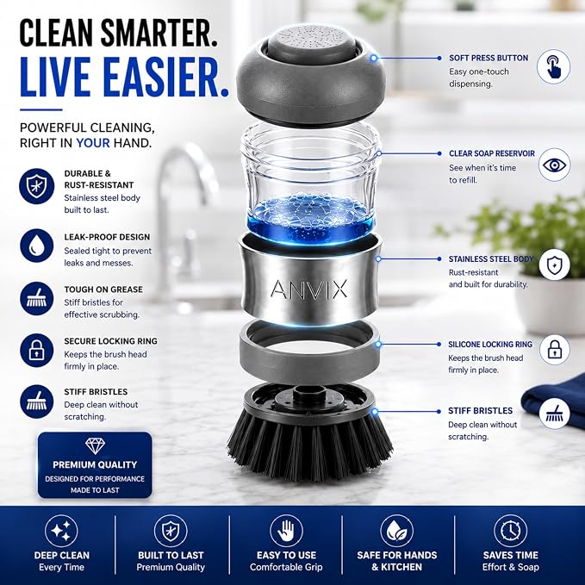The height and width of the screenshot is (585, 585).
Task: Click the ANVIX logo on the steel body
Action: tap(308, 289)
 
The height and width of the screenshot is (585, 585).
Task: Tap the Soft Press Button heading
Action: tap(489, 58)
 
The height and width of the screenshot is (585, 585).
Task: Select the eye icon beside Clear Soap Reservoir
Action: tap(554, 165)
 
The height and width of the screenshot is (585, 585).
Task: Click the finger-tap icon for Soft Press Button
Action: tap(553, 67)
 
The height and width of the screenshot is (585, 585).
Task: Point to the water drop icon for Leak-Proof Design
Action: tap(36, 246)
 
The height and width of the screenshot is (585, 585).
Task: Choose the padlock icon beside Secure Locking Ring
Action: tap(36, 351)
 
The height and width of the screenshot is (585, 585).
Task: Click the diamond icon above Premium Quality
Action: tap(95, 445)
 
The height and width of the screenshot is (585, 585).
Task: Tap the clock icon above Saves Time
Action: tap(510, 531)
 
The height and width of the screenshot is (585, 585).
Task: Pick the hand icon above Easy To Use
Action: tap(287, 531)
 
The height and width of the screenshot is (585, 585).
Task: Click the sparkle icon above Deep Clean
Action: tap(61, 531)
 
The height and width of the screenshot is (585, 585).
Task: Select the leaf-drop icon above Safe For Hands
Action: tap(396, 531)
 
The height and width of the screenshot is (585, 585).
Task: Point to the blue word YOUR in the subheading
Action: tap(93, 143)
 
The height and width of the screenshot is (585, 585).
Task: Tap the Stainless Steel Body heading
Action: tap(491, 259)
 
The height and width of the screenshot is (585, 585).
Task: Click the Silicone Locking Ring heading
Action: tap(490, 345)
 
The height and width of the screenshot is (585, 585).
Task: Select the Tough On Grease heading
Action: tap(103, 289)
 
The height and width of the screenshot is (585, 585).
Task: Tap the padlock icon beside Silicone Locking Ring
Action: tap(554, 350)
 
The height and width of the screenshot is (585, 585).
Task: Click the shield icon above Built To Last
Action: tap(171, 531)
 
